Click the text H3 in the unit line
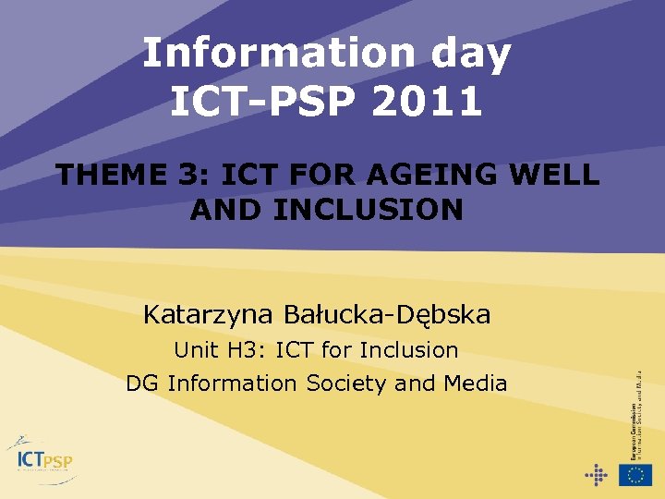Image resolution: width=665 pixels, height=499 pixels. [235, 350]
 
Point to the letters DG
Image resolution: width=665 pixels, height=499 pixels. [141, 383]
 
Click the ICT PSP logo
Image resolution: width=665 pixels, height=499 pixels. [43, 458]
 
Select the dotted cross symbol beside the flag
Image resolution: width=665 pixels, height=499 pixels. [597, 475]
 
